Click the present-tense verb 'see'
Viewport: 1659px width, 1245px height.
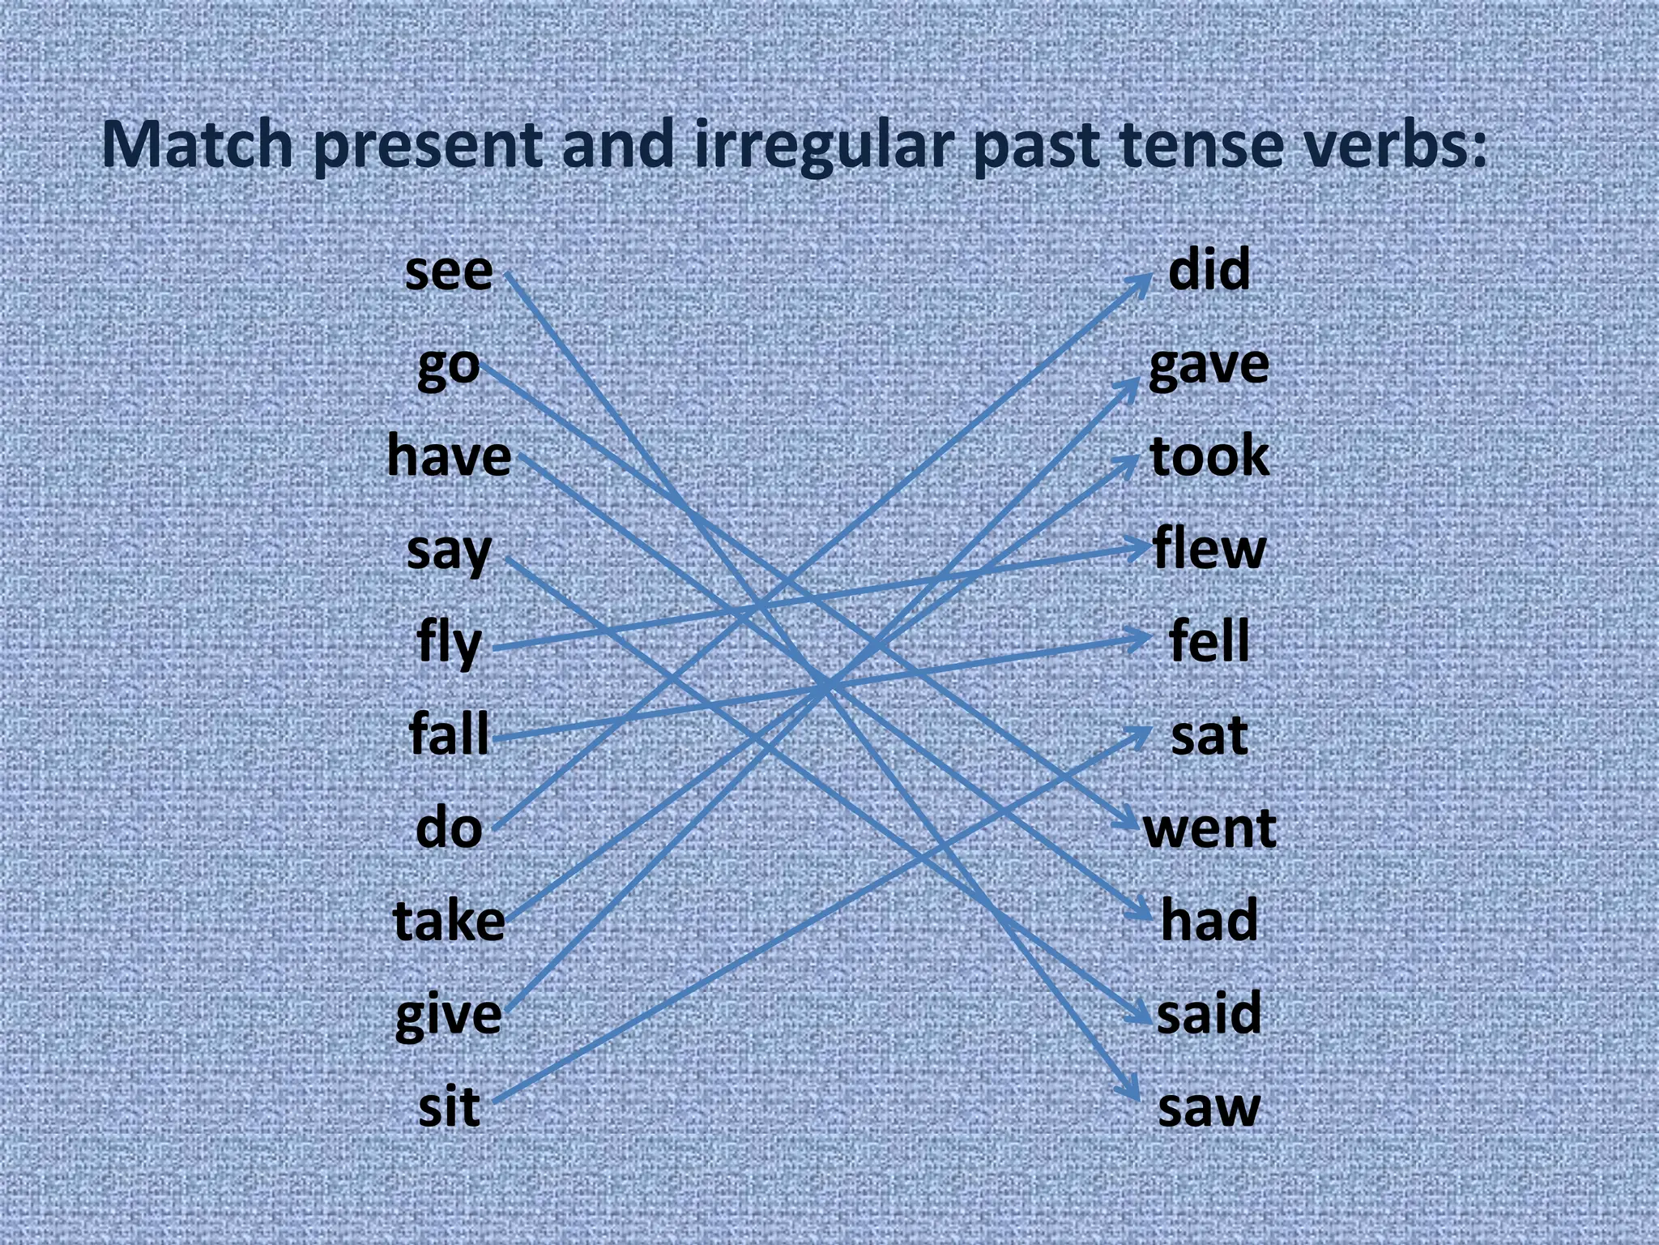448,272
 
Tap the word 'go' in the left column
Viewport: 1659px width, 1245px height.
448,367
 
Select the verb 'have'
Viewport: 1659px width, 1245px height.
449,456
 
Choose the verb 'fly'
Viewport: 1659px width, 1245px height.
449,643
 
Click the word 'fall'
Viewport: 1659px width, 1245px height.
449,734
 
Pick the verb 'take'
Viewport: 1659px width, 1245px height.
449,921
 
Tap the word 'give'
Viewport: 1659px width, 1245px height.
448,1016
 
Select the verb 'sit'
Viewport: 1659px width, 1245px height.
449,1107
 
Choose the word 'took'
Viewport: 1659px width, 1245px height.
1209,456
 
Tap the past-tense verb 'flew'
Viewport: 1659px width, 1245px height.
1209,550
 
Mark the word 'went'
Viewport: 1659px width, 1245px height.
1209,829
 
